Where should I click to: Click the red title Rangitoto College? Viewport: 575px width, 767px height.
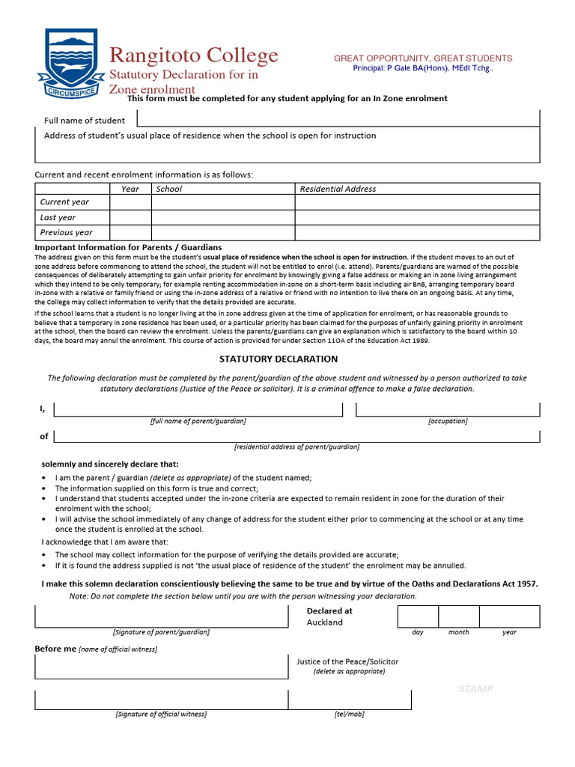[194, 55]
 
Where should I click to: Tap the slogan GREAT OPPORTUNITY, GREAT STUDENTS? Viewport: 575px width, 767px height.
[422, 58]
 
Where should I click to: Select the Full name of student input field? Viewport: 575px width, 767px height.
[337, 118]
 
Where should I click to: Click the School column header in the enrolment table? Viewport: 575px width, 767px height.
[169, 189]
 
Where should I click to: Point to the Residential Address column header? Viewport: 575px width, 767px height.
[338, 189]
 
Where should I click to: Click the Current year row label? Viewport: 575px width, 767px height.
[64, 202]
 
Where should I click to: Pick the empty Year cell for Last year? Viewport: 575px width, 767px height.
[130, 217]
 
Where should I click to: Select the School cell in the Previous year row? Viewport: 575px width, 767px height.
[222, 232]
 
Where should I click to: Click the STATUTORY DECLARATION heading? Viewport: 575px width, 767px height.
[287, 360]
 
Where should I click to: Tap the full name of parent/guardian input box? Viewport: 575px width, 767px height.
[198, 409]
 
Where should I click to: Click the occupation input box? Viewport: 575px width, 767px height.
[447, 409]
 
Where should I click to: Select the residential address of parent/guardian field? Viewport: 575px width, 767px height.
[296, 436]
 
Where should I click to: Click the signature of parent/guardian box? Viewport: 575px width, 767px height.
[161, 616]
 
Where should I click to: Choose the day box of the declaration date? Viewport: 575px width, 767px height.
[417, 616]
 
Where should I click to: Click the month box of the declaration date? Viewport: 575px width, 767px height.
[458, 616]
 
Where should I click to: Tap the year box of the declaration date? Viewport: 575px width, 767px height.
[509, 616]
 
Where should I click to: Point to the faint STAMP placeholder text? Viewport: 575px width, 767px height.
[475, 689]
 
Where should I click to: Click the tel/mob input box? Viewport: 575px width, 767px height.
[350, 700]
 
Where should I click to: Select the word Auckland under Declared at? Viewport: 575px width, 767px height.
[325, 622]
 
